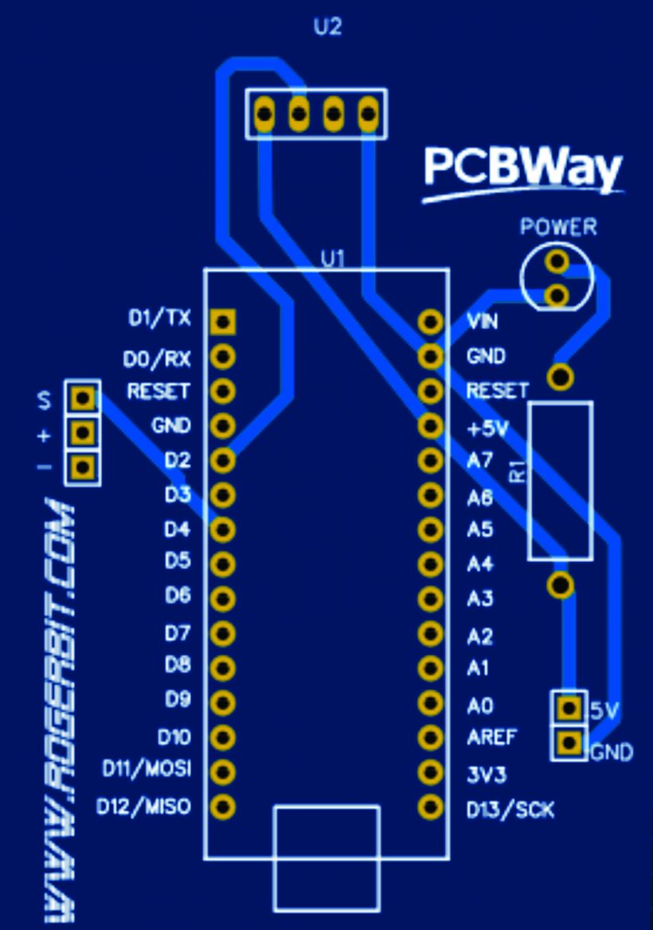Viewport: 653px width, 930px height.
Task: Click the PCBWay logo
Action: (522, 169)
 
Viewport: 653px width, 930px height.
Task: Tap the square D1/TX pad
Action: (224, 321)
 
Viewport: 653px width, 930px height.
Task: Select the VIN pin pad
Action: (430, 322)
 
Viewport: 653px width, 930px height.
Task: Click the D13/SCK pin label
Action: (510, 810)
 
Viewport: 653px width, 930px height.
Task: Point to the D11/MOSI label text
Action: (147, 769)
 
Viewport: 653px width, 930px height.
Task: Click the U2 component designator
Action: (327, 28)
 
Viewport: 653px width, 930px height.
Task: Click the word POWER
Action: (558, 227)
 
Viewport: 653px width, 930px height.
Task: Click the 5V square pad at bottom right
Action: (569, 707)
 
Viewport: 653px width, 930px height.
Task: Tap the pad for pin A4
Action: (430, 564)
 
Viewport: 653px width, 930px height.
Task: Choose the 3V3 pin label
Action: (486, 774)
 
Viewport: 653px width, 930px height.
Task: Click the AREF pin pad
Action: (430, 737)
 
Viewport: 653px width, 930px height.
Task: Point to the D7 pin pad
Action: (224, 634)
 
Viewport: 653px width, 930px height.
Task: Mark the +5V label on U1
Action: (487, 428)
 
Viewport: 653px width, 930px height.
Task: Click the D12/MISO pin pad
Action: (224, 806)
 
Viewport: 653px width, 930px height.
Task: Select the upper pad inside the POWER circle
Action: (557, 261)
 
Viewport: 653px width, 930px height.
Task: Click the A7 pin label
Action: (479, 461)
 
